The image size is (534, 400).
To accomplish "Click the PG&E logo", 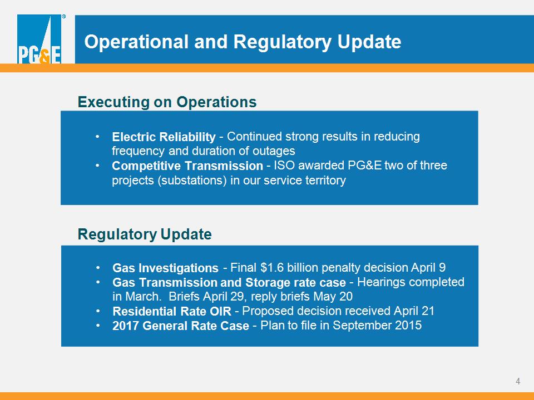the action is point(39,39).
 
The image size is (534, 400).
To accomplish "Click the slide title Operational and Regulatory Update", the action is point(243,42).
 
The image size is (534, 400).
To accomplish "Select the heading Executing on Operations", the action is point(167,102).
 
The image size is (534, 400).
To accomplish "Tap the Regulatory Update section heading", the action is point(145,234).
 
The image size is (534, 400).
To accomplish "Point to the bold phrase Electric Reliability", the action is point(164,137).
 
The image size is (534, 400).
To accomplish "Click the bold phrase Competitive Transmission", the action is point(187,166).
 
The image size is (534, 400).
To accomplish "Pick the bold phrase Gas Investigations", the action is point(166,268).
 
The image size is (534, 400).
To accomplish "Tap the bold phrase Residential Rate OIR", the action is point(172,311).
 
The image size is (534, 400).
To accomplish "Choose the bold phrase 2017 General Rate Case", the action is point(181,326).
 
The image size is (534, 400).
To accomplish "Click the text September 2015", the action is point(377,326).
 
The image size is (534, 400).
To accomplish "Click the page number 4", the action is point(518,381).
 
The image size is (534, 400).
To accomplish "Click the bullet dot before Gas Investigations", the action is point(98,268).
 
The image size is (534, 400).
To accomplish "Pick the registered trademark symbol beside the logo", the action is point(63,16).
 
